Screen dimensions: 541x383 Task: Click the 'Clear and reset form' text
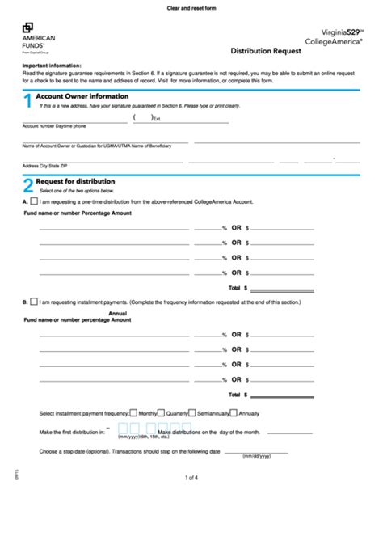(x=191, y=7)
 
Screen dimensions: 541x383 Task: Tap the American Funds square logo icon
(x=27, y=28)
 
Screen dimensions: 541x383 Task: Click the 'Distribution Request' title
(x=267, y=49)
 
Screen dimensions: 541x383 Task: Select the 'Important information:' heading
(x=52, y=65)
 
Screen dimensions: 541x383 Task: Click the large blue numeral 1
(x=27, y=101)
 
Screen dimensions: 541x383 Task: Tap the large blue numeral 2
(x=27, y=185)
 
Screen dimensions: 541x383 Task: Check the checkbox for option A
(x=34, y=200)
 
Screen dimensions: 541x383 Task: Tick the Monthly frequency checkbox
(x=133, y=412)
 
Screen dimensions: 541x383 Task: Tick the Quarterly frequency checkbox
(x=161, y=412)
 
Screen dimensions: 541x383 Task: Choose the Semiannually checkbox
(x=194, y=412)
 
